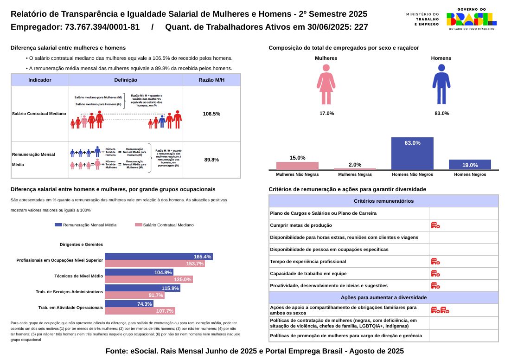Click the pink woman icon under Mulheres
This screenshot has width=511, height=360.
[x=326, y=84]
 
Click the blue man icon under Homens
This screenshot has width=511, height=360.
[x=441, y=84]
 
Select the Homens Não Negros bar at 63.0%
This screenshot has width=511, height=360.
[x=412, y=154]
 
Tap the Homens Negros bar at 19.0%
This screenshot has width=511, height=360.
[x=470, y=165]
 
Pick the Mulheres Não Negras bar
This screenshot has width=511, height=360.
[x=297, y=166]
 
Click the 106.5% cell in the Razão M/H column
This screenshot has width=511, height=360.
[x=211, y=114]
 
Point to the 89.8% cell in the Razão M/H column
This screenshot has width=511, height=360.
[x=211, y=160]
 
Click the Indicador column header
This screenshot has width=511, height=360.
[x=40, y=80]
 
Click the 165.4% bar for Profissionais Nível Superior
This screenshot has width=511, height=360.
[x=159, y=257]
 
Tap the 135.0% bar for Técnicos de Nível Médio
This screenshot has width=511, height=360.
[x=148, y=279]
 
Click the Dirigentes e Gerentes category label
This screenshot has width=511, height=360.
[x=81, y=244]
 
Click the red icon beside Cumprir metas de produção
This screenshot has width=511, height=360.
[x=435, y=225]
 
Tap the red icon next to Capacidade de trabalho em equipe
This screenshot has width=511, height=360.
[x=435, y=274]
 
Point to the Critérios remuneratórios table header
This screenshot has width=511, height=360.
[x=383, y=201]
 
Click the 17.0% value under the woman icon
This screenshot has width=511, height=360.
[x=326, y=114]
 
